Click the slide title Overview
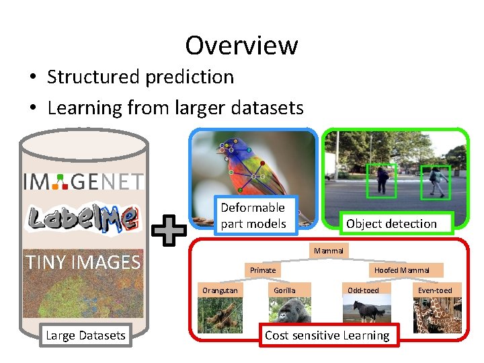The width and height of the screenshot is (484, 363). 241,46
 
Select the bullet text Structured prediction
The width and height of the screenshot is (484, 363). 140,77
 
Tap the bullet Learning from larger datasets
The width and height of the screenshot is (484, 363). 175,108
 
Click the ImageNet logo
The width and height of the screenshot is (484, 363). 83,180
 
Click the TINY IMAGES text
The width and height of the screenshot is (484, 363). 83,261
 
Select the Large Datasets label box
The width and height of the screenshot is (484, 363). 85,335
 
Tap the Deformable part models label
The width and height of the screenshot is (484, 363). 253,216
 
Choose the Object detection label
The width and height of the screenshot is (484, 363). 391,224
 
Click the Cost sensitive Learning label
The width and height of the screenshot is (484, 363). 327,335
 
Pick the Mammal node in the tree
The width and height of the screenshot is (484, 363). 328,251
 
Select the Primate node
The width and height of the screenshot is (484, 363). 263,270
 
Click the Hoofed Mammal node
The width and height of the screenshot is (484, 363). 401,270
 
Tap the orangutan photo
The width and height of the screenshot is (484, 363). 219,311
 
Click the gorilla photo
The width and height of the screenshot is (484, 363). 290,311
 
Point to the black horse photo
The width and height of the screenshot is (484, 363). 363,311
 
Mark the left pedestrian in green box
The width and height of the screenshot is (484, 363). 383,180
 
